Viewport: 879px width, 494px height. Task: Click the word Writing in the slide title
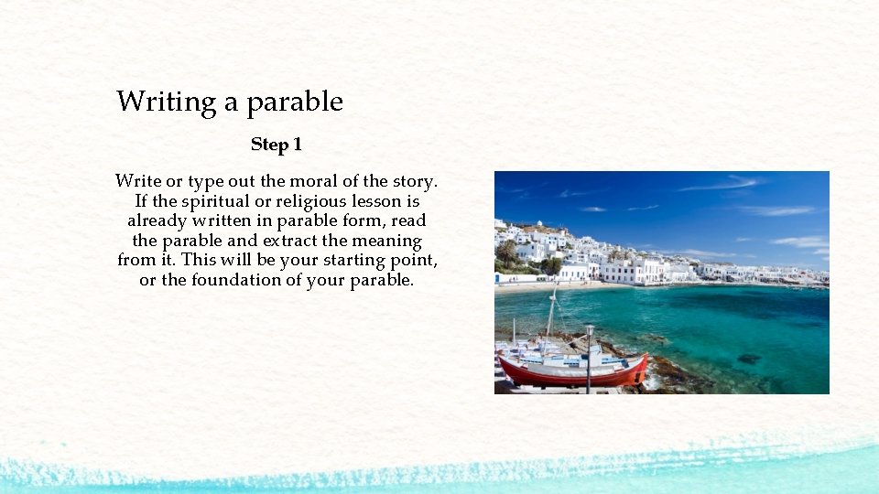[166, 102]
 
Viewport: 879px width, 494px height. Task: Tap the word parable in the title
[295, 102]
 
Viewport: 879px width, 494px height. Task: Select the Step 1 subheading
[277, 145]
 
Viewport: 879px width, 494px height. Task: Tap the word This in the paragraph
[198, 261]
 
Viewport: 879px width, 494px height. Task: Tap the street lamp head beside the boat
[589, 330]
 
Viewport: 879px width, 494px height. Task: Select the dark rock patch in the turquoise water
[748, 359]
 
